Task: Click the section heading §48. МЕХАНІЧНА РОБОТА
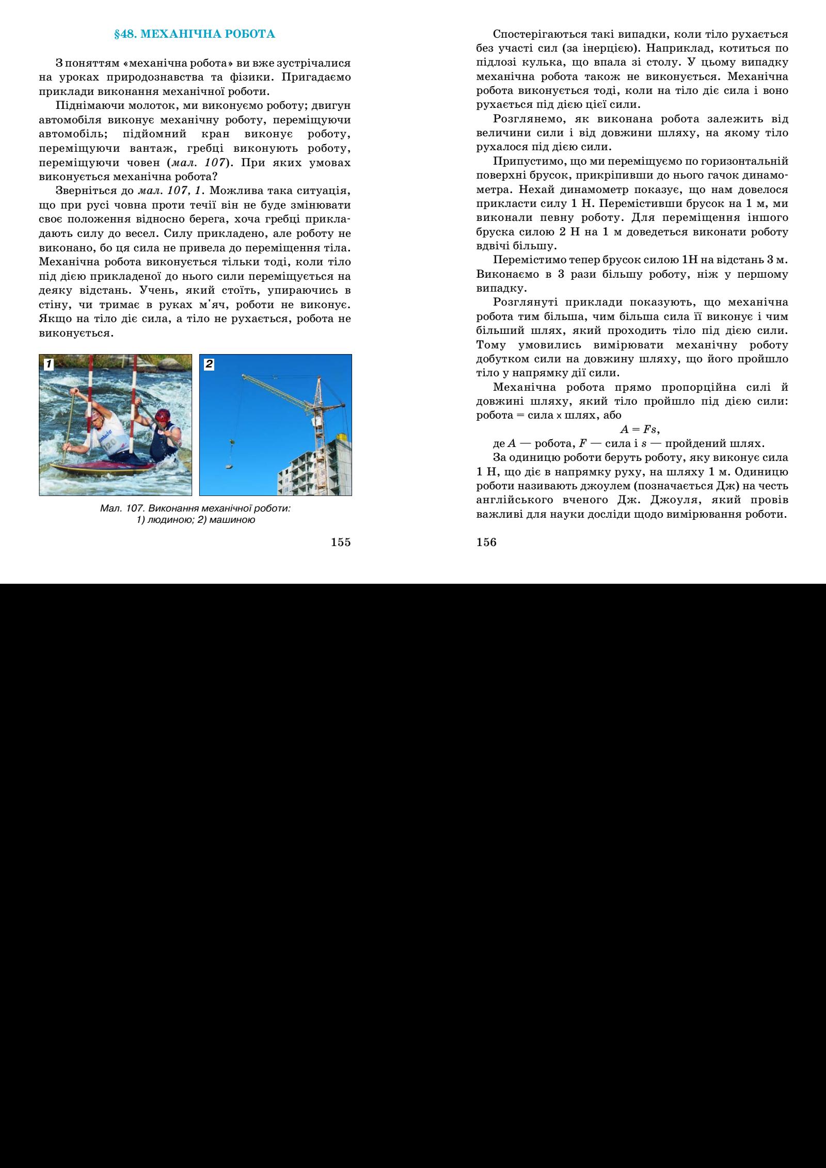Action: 194,35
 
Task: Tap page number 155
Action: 341,542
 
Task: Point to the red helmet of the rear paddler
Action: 162,415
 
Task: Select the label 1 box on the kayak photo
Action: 48,364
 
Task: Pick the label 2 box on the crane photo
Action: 209,364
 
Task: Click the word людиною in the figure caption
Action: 169,520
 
